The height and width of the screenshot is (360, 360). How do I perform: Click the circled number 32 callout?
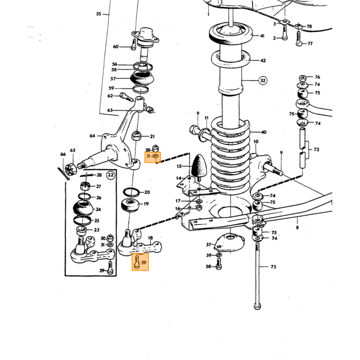pos(263,81)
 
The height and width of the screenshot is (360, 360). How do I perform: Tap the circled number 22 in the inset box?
pos(111,175)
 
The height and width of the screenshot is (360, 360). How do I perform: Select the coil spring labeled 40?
pos(230,156)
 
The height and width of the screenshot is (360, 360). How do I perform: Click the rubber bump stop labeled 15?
pos(199,167)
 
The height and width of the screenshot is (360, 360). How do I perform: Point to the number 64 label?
pos(92,136)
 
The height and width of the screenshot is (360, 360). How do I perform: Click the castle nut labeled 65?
pos(70,170)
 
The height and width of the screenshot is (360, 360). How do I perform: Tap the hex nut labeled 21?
pos(137,135)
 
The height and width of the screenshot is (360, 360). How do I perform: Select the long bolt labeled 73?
pos(257,276)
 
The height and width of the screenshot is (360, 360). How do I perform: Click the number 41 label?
pos(262,36)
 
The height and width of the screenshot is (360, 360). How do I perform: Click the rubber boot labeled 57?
pos(142,78)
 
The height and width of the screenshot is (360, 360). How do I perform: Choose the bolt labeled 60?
pos(133,45)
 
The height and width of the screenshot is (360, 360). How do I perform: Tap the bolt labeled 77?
pos(299,39)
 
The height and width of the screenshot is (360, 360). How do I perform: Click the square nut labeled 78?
pos(300,26)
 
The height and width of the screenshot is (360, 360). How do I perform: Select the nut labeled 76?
pos(303,78)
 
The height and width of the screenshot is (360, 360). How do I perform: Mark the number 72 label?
pos(316,150)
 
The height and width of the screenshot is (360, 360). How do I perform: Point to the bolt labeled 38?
pos(219,263)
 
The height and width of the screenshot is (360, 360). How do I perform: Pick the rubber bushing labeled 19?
pos(130,205)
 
